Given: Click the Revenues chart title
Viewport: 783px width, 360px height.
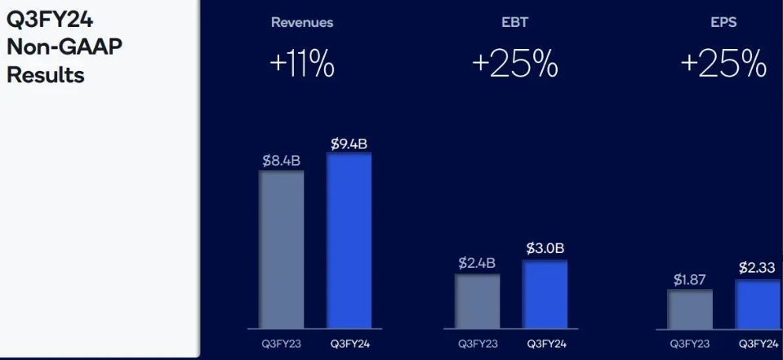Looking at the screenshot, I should [x=302, y=23].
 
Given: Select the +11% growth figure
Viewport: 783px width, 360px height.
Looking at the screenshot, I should [x=302, y=64].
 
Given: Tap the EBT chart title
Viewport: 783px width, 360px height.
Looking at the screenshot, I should [x=514, y=23].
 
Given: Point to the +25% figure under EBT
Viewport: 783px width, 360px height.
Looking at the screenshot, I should [x=514, y=64].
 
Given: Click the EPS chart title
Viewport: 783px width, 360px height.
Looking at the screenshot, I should [x=723, y=23].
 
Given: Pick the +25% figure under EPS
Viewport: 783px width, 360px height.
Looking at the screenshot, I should [x=723, y=64].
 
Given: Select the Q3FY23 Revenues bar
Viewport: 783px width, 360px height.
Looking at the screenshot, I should [x=282, y=249].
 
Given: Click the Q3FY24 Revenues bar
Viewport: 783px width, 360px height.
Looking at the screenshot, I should [x=349, y=240].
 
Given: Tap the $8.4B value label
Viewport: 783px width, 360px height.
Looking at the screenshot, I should [x=282, y=161].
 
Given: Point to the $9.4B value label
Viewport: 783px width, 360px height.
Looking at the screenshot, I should [x=349, y=144].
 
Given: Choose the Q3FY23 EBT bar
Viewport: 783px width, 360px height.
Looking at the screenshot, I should [x=478, y=301].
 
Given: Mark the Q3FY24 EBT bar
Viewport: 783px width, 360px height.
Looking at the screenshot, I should [x=545, y=294].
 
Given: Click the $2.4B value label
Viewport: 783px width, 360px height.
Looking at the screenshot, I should [x=478, y=264].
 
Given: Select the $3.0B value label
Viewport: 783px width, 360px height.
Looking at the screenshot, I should [x=545, y=248].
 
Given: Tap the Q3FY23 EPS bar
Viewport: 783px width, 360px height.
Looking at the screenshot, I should [x=690, y=309].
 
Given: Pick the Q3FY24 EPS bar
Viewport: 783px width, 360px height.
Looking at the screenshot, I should [x=757, y=304].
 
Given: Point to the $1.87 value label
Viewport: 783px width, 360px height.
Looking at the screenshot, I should [x=690, y=280].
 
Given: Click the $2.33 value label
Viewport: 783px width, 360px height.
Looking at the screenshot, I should [x=757, y=267].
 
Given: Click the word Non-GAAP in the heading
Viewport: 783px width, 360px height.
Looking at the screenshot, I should [x=65, y=47].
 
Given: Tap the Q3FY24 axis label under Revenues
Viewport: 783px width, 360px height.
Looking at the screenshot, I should [x=350, y=344].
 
